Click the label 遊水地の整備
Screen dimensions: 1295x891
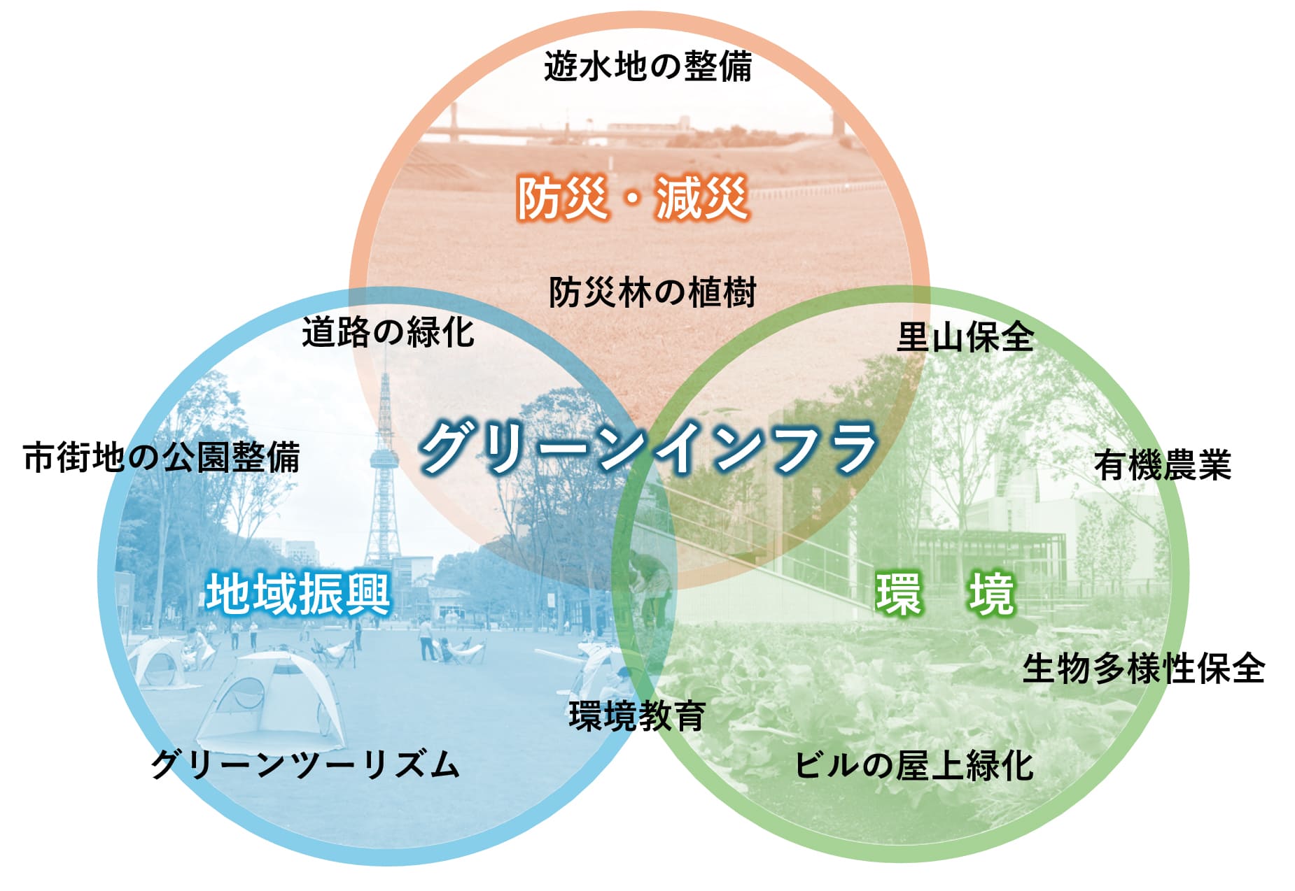[x=647, y=67]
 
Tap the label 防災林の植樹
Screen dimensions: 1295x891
[x=652, y=292]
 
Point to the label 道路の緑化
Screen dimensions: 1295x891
[x=388, y=332]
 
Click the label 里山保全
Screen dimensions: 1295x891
[x=965, y=337]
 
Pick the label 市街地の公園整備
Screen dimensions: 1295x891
[x=162, y=457]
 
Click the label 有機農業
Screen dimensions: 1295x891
[x=1163, y=465]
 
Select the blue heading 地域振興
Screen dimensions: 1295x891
[x=298, y=594]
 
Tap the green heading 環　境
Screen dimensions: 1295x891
[x=945, y=594]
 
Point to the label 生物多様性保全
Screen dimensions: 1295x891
[x=1144, y=668]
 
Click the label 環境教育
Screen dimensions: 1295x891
[x=637, y=715]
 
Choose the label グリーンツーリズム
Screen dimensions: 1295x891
[x=305, y=764]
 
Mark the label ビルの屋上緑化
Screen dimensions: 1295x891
[x=914, y=764]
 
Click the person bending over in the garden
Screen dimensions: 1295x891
[x=647, y=584]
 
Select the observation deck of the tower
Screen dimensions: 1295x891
[x=384, y=458]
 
